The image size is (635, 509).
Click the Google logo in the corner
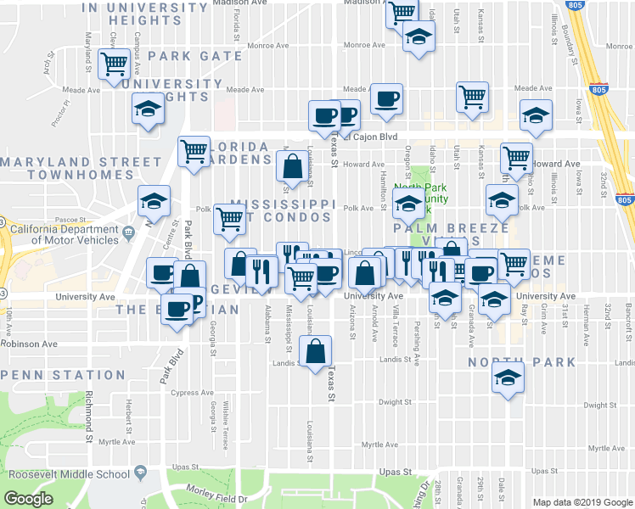coord(28,499)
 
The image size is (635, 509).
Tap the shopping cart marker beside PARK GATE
coord(114,64)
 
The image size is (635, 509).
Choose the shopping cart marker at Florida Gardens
coord(194,153)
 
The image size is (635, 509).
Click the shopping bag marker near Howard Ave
coord(292,166)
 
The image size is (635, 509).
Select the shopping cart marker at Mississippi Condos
coord(229,219)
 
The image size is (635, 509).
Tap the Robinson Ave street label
coord(29,344)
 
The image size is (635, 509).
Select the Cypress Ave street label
coord(191,393)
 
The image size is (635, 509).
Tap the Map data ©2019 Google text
coord(582,502)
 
